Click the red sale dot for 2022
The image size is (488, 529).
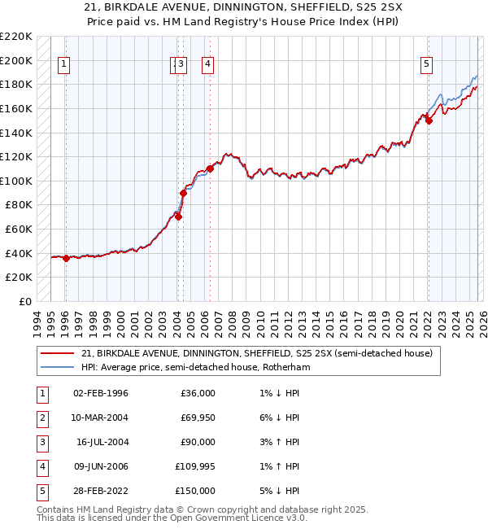(x=429, y=120)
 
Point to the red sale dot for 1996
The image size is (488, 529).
(x=66, y=258)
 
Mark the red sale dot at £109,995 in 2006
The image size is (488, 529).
(x=210, y=168)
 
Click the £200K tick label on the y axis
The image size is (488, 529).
(x=16, y=60)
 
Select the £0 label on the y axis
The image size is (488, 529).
(x=25, y=302)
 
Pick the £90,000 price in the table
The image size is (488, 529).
(x=198, y=441)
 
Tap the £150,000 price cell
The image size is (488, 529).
(x=195, y=490)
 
